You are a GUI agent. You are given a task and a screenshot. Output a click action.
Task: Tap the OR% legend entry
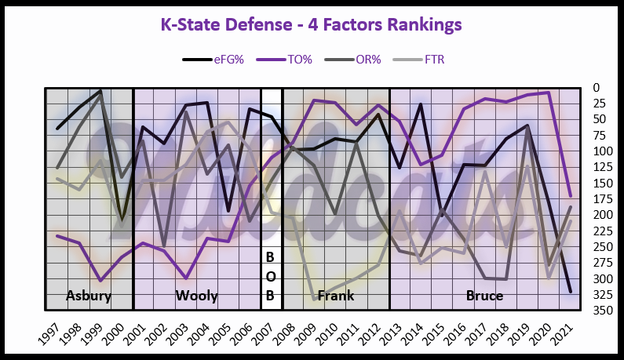(371, 59)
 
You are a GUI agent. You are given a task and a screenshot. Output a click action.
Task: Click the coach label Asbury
(88, 296)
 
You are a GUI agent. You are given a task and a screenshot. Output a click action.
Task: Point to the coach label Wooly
(195, 296)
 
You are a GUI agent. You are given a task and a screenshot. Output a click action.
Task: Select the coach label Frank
(334, 296)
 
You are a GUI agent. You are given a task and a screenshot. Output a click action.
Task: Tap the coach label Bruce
(484, 296)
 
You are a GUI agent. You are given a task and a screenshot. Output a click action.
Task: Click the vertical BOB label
(271, 276)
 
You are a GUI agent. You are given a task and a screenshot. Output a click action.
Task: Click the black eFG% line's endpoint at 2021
(570, 293)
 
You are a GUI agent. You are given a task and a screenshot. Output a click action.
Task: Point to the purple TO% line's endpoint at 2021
(570, 195)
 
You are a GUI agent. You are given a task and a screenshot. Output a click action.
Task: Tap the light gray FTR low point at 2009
(315, 300)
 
